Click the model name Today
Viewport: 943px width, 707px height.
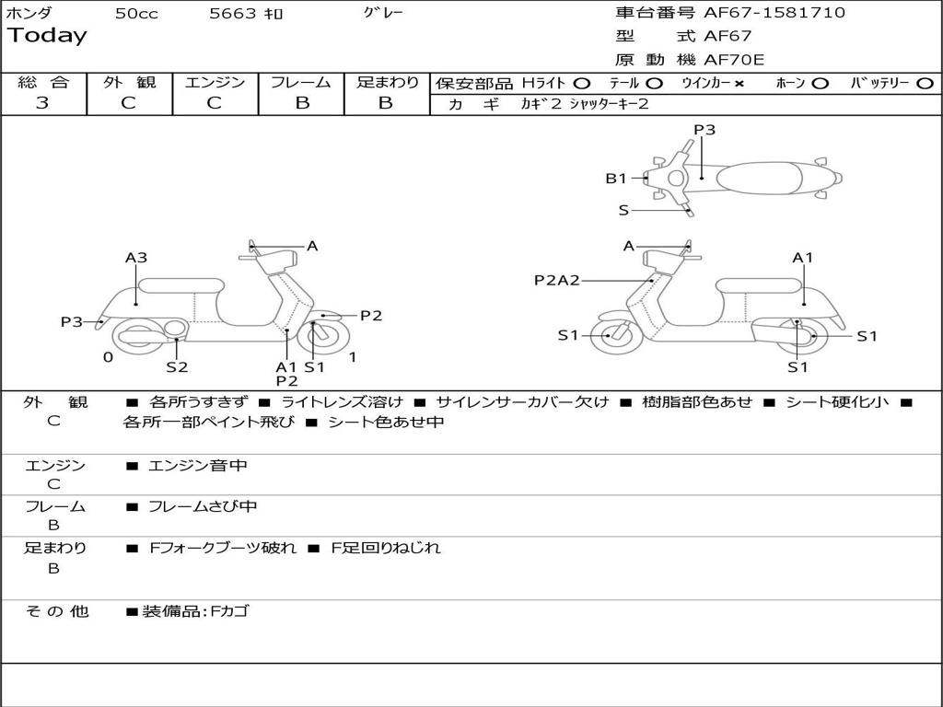pyautogui.click(x=47, y=36)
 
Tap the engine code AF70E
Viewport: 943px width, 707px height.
pyautogui.click(x=734, y=60)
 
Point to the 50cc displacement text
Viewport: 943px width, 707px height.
pyautogui.click(x=136, y=14)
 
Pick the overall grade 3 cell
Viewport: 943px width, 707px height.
pyautogui.click(x=42, y=103)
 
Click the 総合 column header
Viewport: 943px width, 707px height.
pyautogui.click(x=43, y=82)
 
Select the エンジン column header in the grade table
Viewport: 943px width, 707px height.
pyautogui.click(x=215, y=82)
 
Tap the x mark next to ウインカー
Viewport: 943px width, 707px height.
pyautogui.click(x=739, y=83)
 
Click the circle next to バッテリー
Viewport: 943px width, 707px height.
pyautogui.click(x=925, y=83)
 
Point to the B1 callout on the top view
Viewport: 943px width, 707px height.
pyautogui.click(x=616, y=179)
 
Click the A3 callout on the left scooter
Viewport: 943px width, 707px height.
pyautogui.click(x=136, y=258)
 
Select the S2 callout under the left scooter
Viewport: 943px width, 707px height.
pyautogui.click(x=177, y=366)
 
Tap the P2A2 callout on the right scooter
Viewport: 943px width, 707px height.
pyautogui.click(x=557, y=280)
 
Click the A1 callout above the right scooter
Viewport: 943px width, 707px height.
pyautogui.click(x=803, y=258)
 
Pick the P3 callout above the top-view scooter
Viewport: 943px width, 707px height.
pyautogui.click(x=704, y=130)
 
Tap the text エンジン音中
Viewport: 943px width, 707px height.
pyautogui.click(x=198, y=466)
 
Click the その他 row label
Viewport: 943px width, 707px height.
pyautogui.click(x=56, y=611)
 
